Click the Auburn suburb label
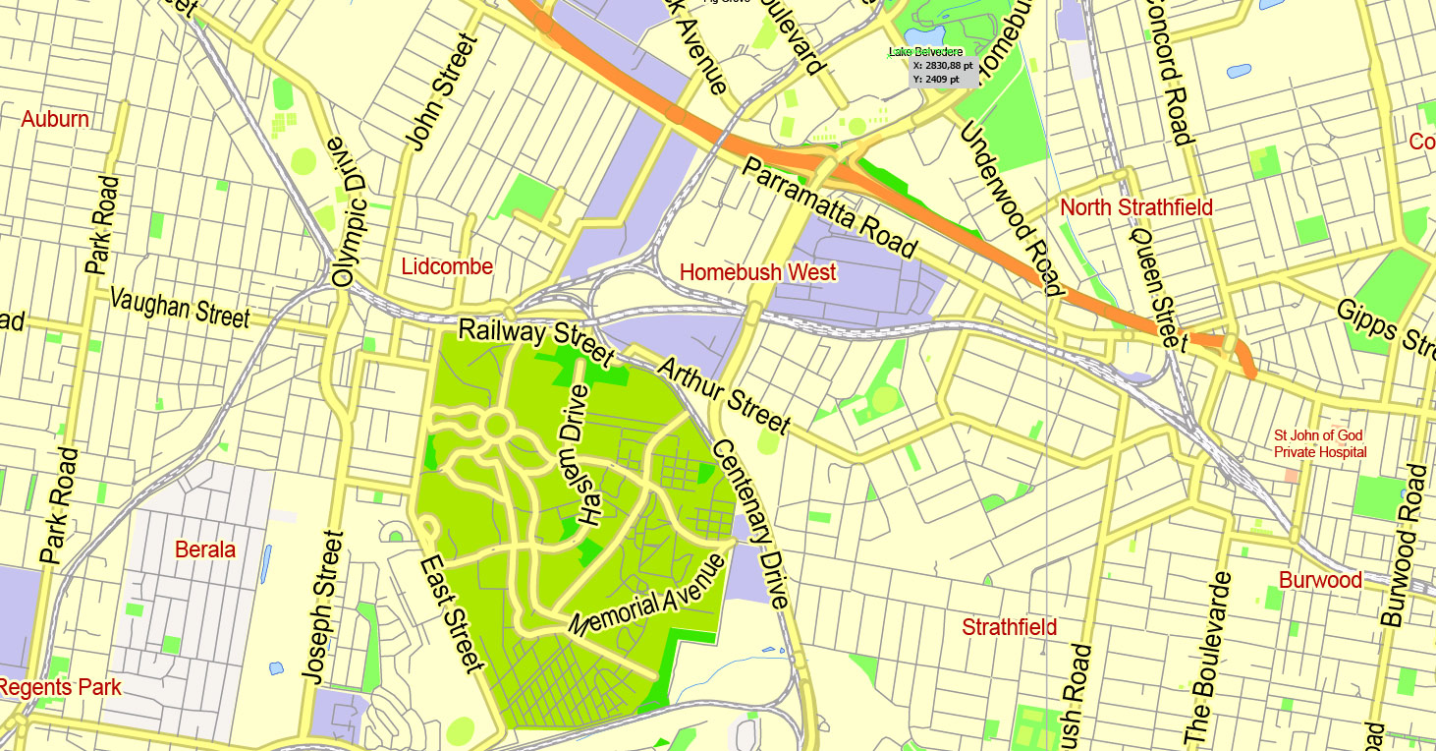[55, 120]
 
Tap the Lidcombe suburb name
[447, 266]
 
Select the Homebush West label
[757, 272]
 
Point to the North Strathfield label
[1136, 207]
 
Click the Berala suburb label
[205, 549]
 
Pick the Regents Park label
[61, 687]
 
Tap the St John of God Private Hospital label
[1320, 443]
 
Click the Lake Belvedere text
[925, 51]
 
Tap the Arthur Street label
[724, 396]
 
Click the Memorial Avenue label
[649, 594]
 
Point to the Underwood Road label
[1012, 208]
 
